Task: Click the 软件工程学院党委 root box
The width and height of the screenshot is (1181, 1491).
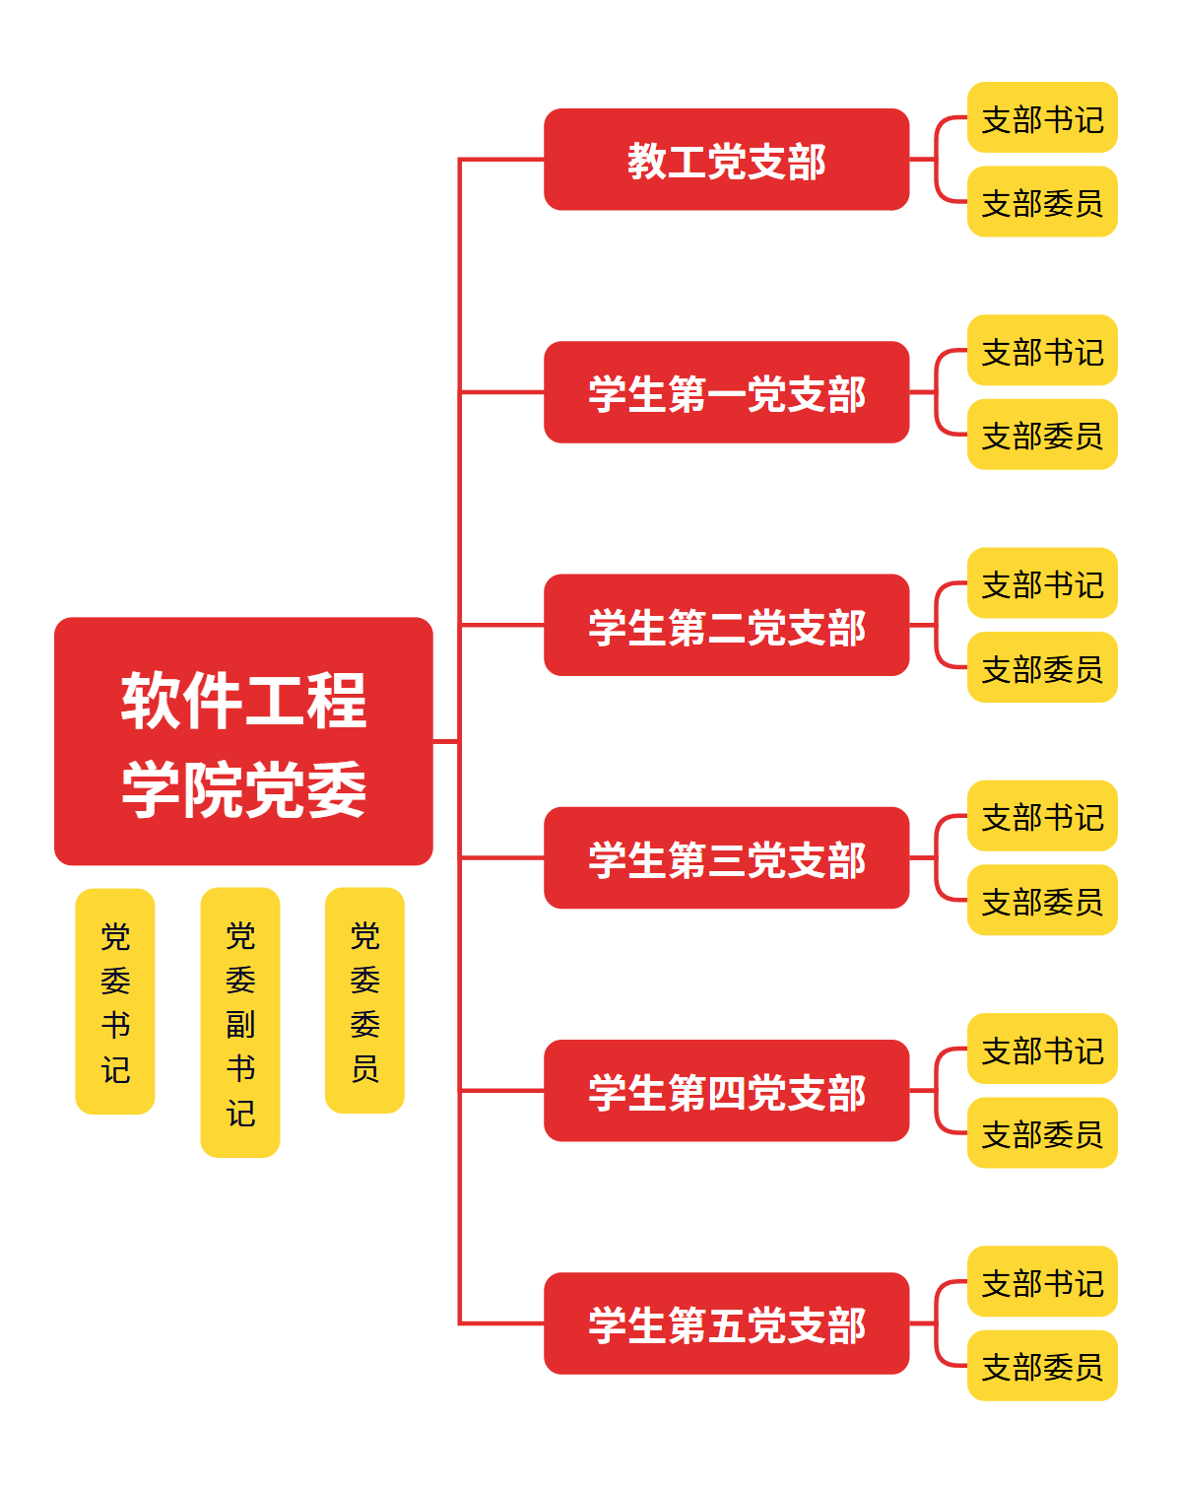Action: [x=243, y=741]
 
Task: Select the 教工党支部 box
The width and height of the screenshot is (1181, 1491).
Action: [x=726, y=160]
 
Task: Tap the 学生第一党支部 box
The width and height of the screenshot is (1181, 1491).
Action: [x=726, y=392]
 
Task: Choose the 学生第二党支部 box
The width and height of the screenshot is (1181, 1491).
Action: [x=726, y=625]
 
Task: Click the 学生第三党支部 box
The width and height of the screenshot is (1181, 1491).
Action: [x=726, y=857]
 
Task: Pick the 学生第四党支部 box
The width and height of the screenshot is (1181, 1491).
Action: [x=726, y=1090]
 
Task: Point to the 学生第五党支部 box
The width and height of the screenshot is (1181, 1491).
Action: [x=726, y=1322]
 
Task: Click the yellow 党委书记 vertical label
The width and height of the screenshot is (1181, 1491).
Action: [x=115, y=1001]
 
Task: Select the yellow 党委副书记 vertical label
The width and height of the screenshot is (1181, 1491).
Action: [x=240, y=1022]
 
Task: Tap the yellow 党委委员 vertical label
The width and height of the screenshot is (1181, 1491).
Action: [x=364, y=1000]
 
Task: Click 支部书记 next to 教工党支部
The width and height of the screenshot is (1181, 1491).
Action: [x=1042, y=117]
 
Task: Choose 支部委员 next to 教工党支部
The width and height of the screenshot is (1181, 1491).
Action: [x=1042, y=202]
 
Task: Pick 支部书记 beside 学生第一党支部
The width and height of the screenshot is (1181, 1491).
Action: [x=1042, y=350]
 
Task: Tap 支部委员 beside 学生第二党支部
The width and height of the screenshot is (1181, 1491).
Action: [x=1042, y=667]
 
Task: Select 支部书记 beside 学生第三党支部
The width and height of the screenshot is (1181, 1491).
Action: [x=1042, y=816]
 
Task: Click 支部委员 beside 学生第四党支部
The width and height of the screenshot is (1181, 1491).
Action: [x=1042, y=1133]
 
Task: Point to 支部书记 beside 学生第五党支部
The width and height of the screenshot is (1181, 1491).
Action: [x=1042, y=1281]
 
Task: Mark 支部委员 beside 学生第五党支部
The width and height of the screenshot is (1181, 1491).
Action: [x=1042, y=1366]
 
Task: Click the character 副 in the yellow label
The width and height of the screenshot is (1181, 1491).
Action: [x=240, y=1024]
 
